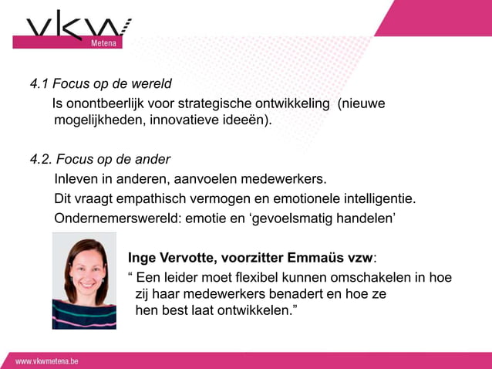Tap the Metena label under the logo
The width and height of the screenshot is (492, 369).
[x=104, y=43]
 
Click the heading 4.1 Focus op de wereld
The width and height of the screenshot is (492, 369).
[x=100, y=83]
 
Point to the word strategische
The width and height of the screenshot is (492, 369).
[x=213, y=103]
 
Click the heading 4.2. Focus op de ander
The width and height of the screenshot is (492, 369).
[x=99, y=160]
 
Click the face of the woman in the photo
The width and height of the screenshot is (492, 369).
[x=84, y=266]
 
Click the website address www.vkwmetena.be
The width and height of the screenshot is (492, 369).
[x=47, y=361]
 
